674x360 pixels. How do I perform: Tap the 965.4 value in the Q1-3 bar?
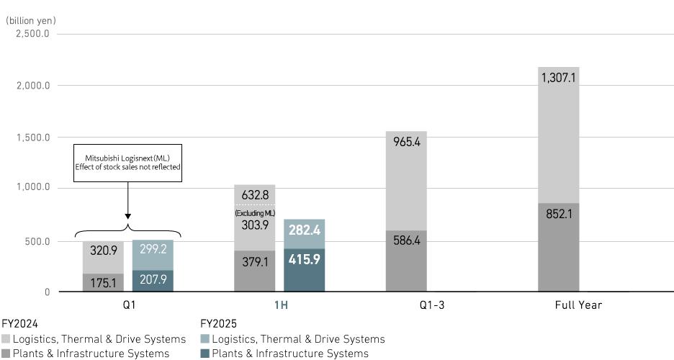406,143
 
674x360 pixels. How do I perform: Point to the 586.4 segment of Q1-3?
406,241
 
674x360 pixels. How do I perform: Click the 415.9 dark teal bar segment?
305,259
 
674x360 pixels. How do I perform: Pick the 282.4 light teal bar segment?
305,230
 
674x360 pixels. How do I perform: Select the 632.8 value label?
254,195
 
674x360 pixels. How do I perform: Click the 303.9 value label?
254,225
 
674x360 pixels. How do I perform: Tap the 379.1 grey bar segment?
254,262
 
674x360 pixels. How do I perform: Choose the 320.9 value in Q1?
103,251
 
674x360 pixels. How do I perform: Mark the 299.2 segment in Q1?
153,250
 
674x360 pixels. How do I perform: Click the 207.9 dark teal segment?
153,279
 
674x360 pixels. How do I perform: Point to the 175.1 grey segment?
103,283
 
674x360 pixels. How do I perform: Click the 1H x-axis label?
281,305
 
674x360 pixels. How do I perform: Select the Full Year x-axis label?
578,305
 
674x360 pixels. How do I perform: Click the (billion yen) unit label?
31,21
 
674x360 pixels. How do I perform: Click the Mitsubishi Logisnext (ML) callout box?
127,162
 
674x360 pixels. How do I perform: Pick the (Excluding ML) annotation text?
254,213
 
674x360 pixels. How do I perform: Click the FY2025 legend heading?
218,324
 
